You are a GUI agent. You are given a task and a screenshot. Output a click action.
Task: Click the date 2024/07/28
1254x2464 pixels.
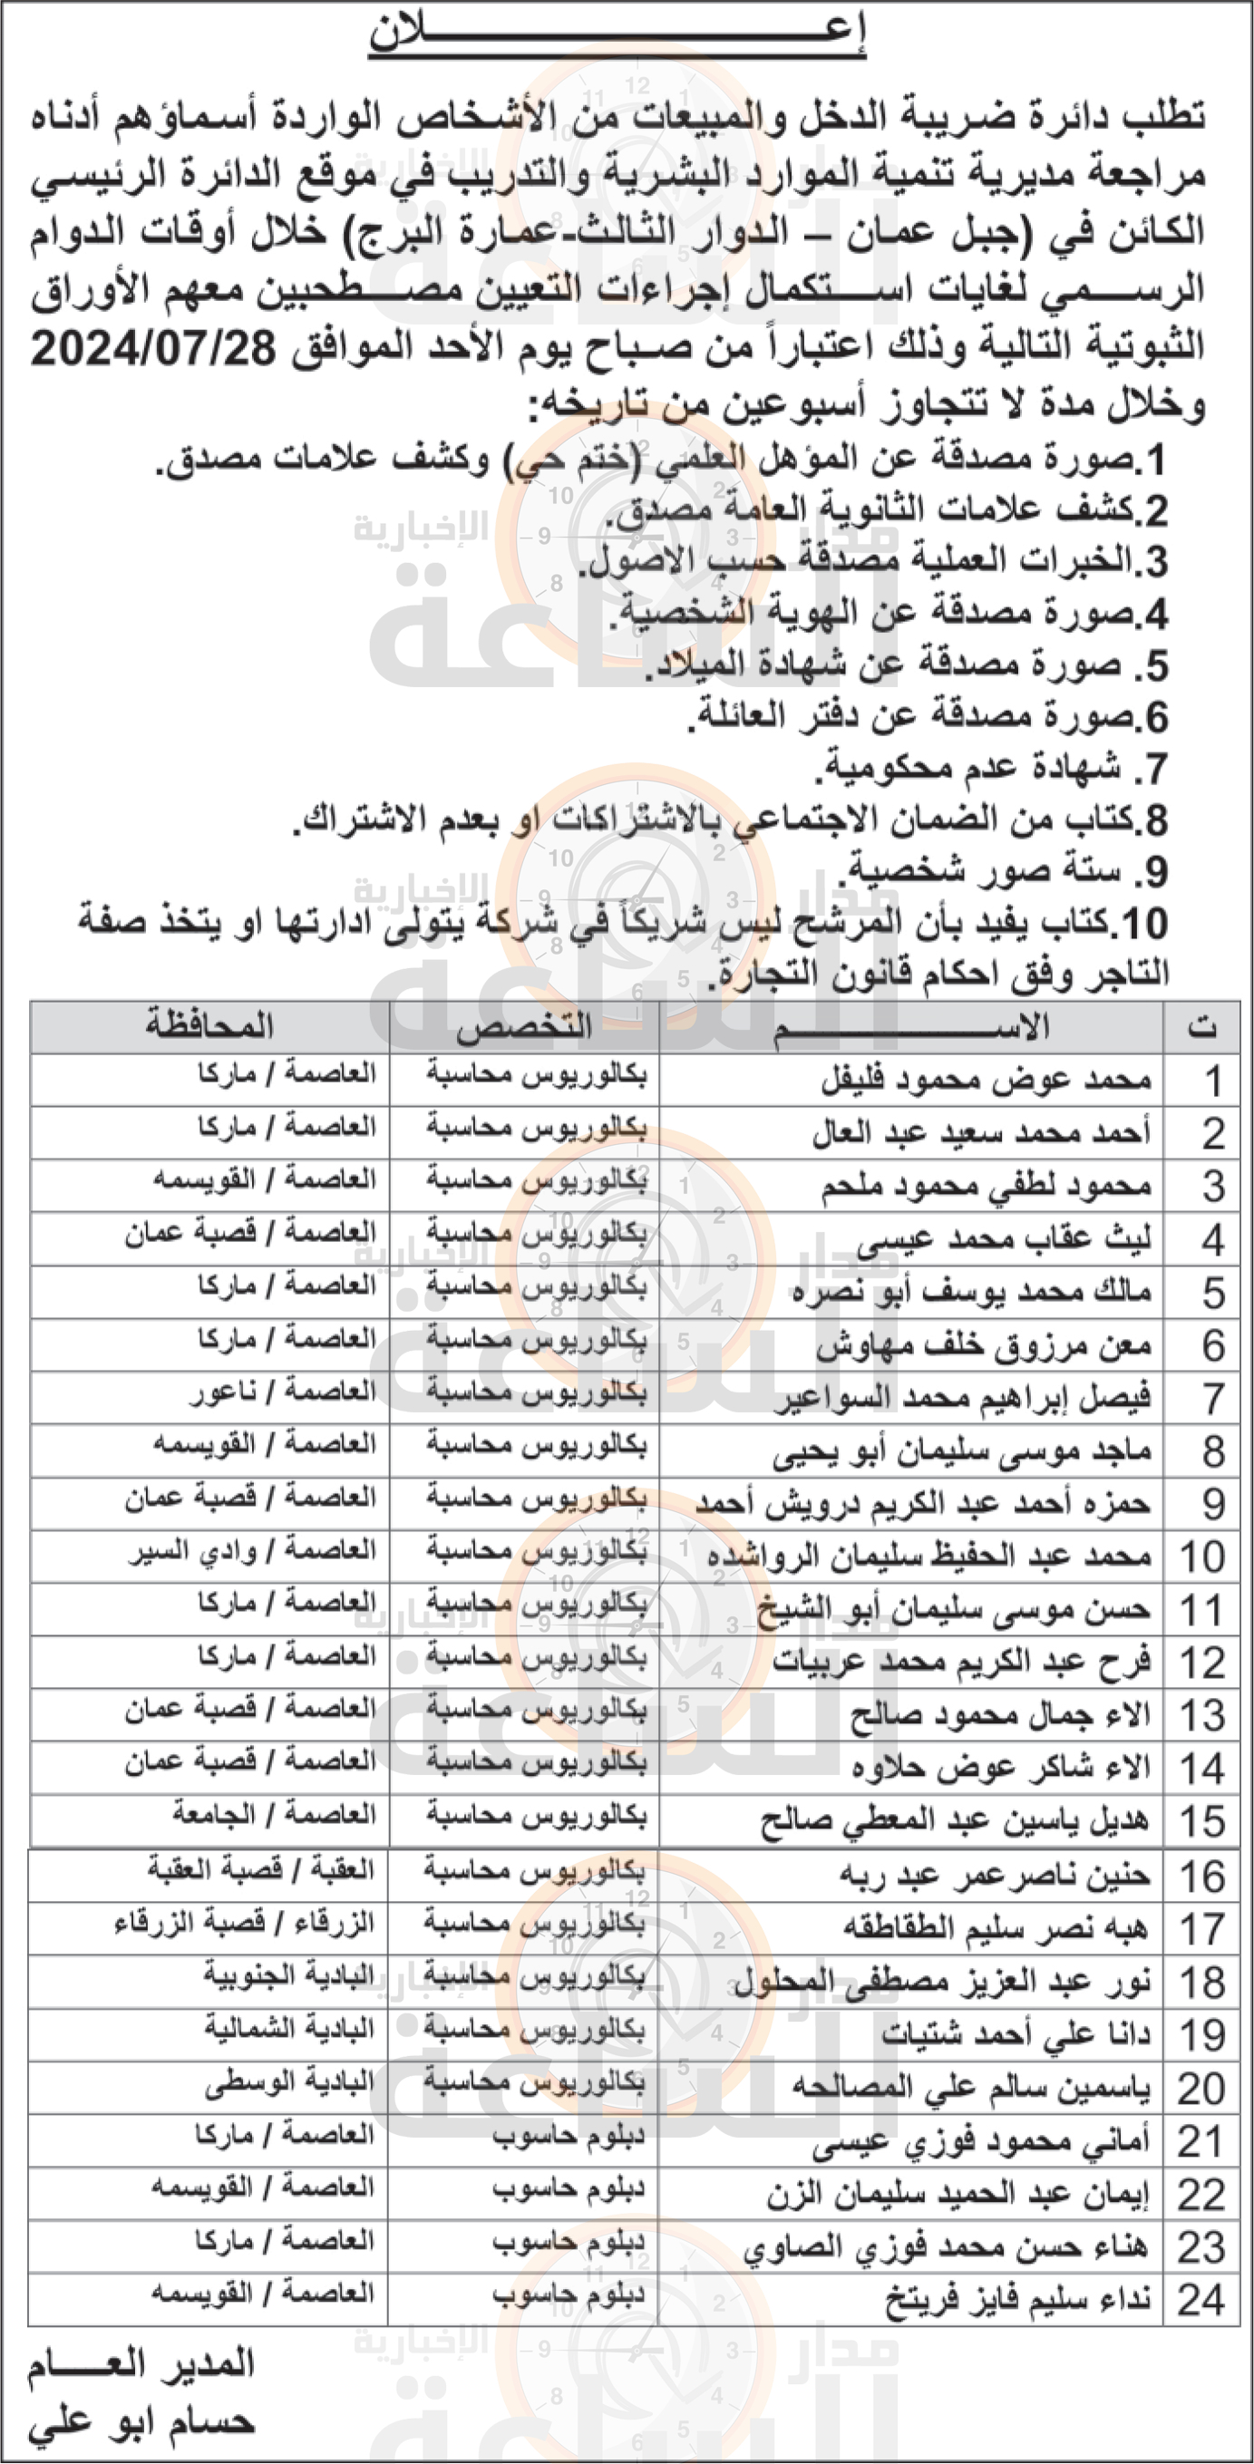(x=153, y=349)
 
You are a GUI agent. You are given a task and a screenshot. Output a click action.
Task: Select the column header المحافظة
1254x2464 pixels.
(x=209, y=1026)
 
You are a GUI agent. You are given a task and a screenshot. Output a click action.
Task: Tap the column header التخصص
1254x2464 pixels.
(x=524, y=1027)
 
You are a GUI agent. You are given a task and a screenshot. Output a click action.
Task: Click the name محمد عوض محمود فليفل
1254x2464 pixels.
(x=986, y=1080)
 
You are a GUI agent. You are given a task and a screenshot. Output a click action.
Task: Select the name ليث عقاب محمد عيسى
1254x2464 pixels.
(x=1004, y=1238)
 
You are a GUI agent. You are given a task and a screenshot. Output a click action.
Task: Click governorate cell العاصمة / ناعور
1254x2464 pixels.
(x=282, y=1392)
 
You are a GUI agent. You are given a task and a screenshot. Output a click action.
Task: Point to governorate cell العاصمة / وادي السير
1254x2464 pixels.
(x=252, y=1550)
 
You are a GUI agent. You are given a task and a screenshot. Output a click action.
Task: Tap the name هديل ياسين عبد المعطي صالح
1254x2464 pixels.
(x=954, y=1820)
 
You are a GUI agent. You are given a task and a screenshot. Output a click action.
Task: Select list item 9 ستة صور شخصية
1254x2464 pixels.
(x=1005, y=870)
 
